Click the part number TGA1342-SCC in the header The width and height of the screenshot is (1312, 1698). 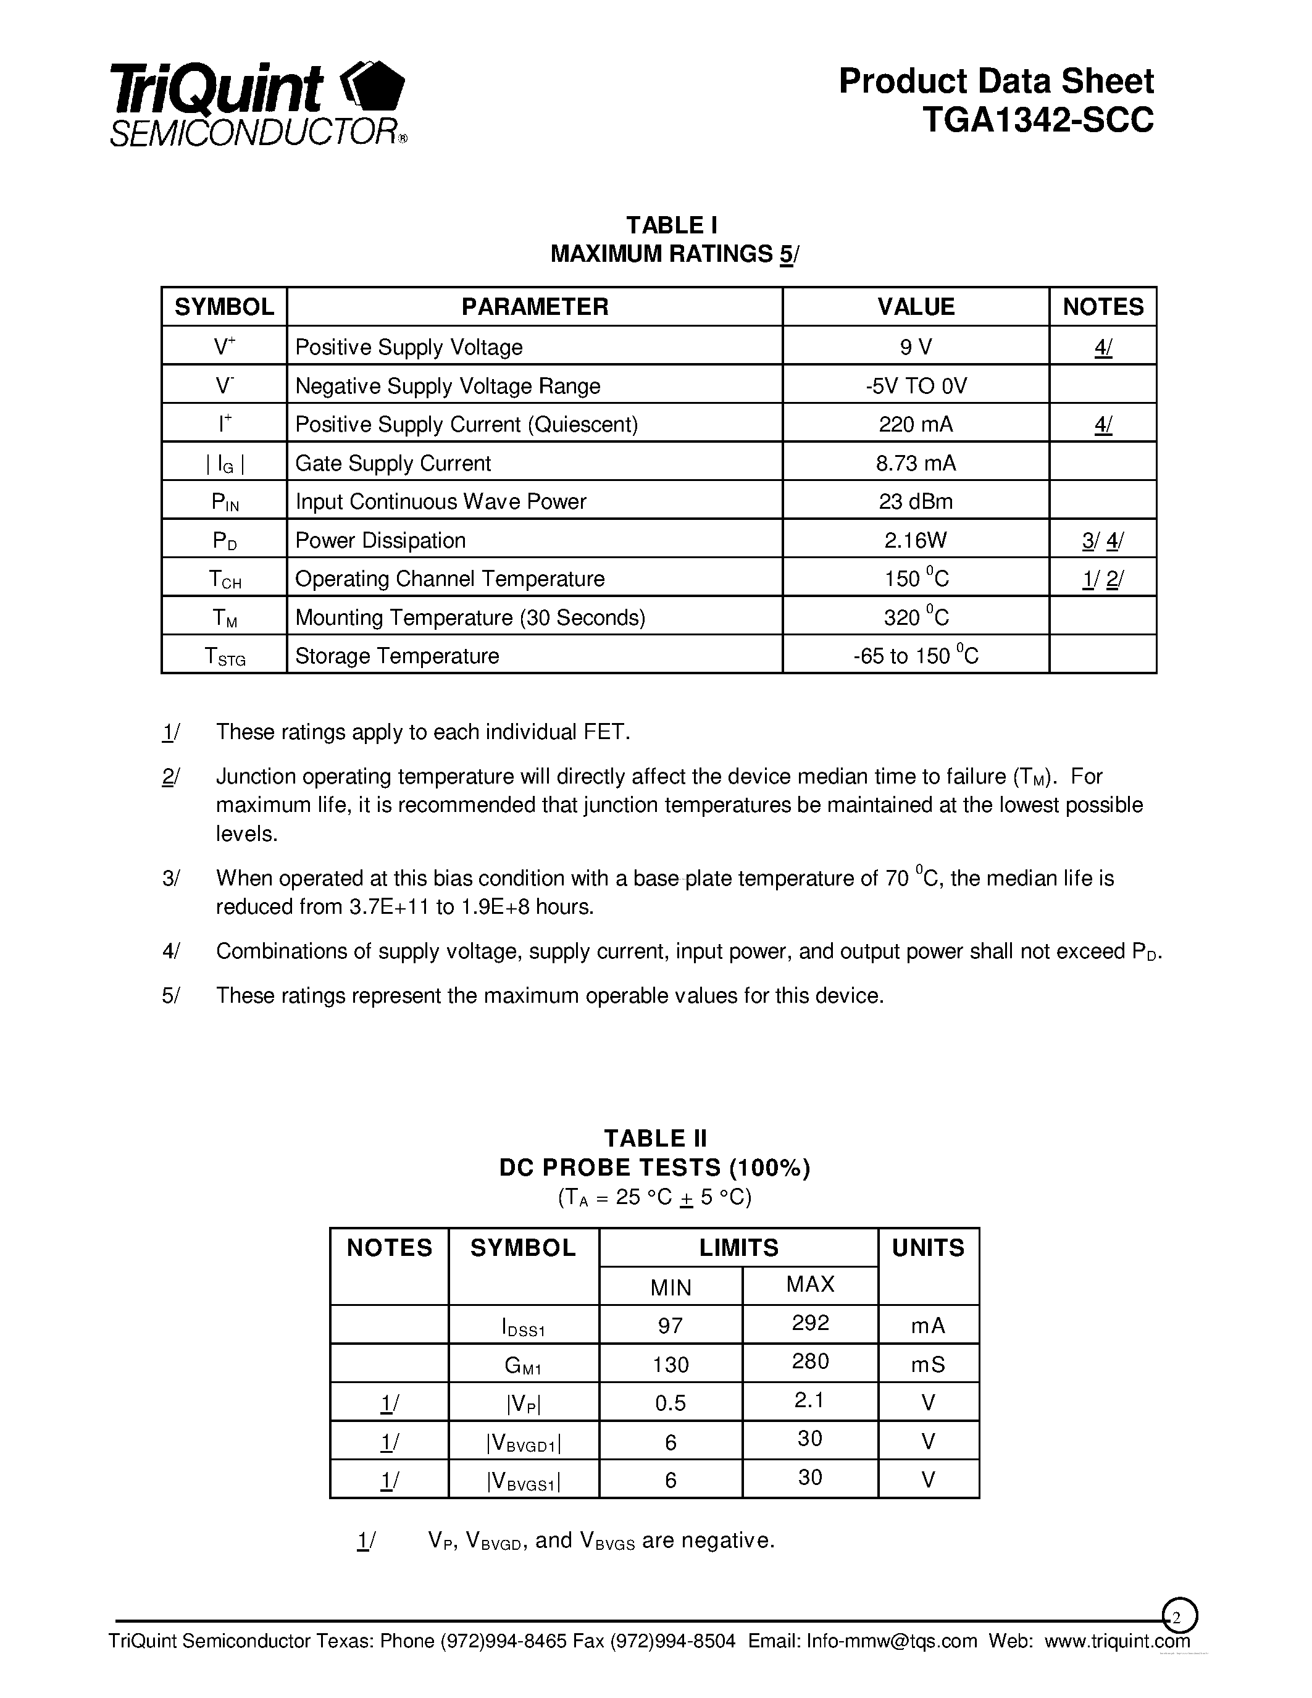coord(1038,120)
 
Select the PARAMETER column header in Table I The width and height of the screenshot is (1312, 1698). coord(535,306)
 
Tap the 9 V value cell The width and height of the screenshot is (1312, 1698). coord(916,347)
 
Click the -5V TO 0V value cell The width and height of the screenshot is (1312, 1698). coord(916,386)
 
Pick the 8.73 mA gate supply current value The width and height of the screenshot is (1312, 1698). coord(916,463)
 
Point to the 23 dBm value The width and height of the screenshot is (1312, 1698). coord(916,501)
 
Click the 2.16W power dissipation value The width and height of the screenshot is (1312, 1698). coord(916,540)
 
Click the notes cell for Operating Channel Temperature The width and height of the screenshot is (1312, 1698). coord(1102,579)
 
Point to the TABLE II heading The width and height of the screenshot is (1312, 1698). coord(655,1138)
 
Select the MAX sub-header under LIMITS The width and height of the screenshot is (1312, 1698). coord(810,1284)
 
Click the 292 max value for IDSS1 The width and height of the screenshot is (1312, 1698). coord(810,1323)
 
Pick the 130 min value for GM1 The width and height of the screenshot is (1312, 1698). coord(670,1365)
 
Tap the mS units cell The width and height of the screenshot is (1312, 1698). coord(928,1365)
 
